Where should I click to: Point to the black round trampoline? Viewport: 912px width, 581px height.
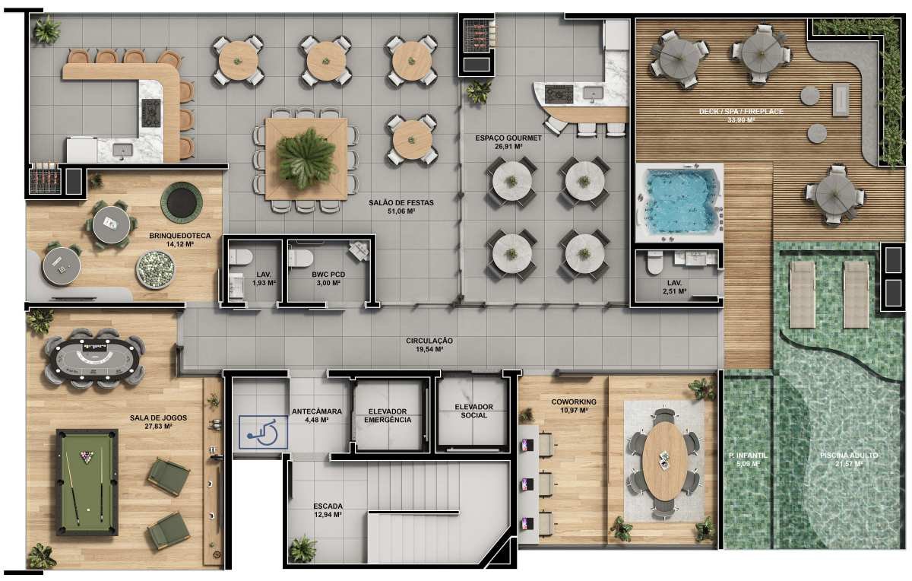point(182,202)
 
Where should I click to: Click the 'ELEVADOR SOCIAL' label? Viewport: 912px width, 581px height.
point(473,411)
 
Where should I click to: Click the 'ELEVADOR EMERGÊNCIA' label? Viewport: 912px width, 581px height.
point(387,415)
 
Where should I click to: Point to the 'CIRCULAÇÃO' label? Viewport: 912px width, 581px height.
point(429,341)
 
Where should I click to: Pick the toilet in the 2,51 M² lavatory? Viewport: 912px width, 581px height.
point(653,264)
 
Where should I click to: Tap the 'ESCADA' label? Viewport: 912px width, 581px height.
point(328,506)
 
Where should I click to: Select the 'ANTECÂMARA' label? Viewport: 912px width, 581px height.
point(317,411)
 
